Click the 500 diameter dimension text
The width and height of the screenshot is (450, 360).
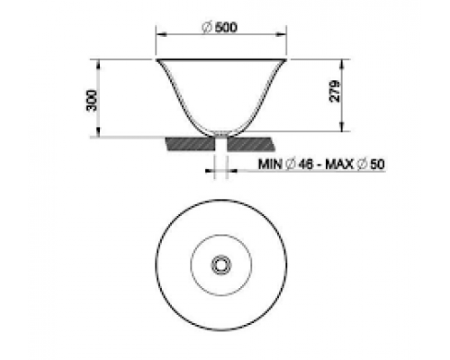[x=226, y=28]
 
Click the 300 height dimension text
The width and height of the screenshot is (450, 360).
[x=92, y=101]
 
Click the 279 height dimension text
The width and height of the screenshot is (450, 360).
[x=335, y=91]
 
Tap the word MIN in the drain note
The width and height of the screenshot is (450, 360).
[x=270, y=165]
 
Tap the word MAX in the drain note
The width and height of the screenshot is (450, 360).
[x=339, y=165]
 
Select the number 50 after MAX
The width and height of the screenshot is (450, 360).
[x=377, y=165]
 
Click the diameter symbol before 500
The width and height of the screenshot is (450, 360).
[x=208, y=28]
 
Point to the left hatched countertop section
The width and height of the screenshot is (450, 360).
[x=191, y=144]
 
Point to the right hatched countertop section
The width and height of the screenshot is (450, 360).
[x=251, y=144]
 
